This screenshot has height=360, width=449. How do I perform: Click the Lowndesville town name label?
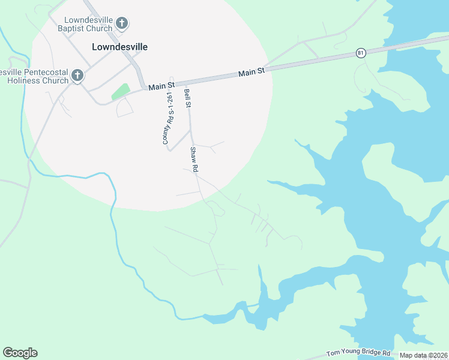click(119, 46)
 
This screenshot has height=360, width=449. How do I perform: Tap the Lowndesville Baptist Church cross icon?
click(122, 24)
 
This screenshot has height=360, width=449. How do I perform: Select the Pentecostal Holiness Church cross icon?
click(77, 76)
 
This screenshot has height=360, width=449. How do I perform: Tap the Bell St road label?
click(188, 98)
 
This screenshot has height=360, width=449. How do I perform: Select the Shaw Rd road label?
click(194, 160)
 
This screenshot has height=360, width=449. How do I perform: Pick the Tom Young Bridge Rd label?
click(358, 353)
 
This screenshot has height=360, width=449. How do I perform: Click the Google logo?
click(20, 353)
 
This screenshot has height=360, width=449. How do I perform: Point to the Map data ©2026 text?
click(423, 355)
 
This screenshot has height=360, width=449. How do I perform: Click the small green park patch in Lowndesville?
click(121, 91)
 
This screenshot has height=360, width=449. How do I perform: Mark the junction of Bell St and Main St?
click(188, 82)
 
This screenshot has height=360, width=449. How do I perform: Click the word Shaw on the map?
click(193, 153)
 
